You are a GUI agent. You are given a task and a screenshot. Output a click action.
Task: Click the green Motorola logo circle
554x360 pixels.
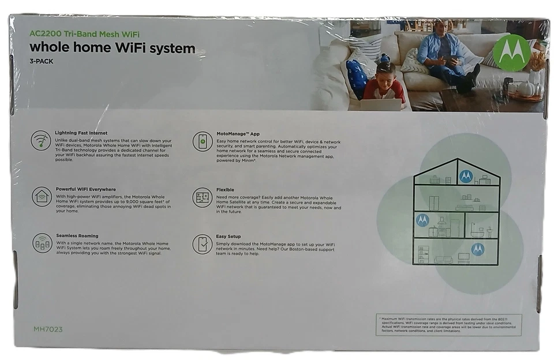[511, 53]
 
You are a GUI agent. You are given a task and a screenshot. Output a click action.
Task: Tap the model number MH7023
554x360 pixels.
[48, 329]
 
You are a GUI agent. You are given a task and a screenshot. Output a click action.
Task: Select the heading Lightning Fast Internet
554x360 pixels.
[81, 133]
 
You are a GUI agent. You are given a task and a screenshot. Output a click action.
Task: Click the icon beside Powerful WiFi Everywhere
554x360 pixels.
[42, 196]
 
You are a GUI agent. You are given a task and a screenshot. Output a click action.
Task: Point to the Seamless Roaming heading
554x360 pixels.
[77, 236]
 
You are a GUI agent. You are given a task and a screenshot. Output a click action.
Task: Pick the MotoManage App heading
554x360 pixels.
[238, 134]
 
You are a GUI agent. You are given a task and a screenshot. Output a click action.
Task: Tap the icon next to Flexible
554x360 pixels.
[202, 197]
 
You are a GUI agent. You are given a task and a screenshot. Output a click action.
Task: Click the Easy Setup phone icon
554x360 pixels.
[202, 244]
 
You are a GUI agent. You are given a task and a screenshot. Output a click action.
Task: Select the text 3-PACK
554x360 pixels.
[41, 61]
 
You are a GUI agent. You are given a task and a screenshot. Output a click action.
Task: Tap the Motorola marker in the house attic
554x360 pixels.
[466, 176]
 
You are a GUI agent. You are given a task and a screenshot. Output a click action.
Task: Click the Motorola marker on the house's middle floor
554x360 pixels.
[422, 220]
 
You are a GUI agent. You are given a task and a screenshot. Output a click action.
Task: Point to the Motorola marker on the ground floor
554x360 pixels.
[477, 249]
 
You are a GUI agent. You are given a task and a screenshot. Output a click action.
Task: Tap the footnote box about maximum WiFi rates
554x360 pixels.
[448, 325]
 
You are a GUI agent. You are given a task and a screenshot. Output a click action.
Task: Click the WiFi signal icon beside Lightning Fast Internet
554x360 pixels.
[41, 141]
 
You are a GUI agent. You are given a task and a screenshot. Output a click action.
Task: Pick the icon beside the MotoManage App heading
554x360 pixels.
[202, 141]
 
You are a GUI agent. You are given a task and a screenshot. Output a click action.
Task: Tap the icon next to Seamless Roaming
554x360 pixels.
[42, 242]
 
